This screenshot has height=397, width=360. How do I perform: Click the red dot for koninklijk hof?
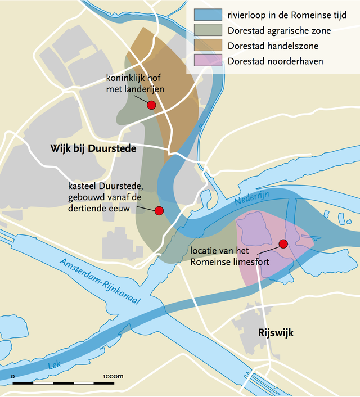151,105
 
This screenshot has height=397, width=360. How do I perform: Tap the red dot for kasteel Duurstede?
159,210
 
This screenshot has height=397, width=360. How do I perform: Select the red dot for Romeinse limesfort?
283,243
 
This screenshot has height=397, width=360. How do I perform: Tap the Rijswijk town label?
276,332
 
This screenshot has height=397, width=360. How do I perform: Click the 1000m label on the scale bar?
113,376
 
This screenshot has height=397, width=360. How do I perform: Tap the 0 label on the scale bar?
13,376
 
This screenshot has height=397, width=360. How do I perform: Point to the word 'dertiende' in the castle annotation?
89,208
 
